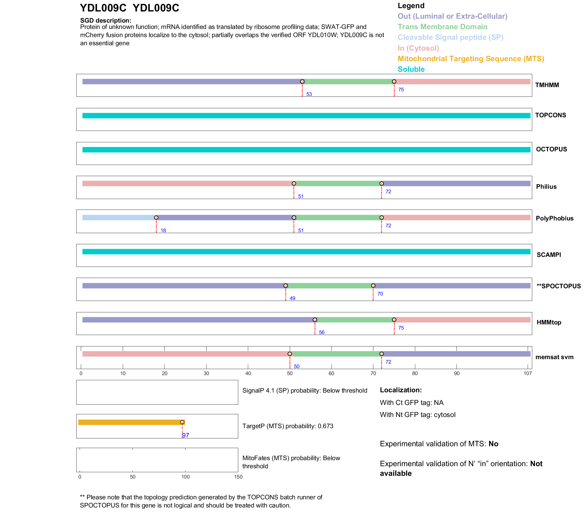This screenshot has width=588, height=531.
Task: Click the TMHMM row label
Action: coord(547,85)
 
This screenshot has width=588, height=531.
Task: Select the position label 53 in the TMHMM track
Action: coord(309,94)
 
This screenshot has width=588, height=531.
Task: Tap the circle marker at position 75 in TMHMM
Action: coord(394,81)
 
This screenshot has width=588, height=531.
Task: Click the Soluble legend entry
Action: coord(411,69)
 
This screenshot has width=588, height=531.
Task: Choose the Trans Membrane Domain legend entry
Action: coord(442,27)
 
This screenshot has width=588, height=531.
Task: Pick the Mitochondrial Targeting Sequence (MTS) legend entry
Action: coord(470,58)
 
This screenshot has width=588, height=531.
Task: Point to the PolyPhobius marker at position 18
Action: coord(156,217)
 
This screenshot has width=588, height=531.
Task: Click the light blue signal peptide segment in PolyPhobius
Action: coord(119,217)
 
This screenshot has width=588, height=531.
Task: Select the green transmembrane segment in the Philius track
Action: coord(338,183)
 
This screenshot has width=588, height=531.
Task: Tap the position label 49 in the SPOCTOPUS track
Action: coord(292,298)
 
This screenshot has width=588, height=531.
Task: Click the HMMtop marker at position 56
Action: coord(315,320)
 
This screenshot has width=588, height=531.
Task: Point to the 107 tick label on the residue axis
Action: coord(527,373)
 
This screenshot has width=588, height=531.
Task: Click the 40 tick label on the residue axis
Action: coord(248,373)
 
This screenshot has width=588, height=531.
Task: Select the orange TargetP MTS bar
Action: coord(130,422)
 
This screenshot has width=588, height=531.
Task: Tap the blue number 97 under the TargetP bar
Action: coord(185,435)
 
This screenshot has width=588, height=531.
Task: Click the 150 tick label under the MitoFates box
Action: coord(238,477)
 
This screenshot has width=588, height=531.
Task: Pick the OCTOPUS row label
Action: coord(551,149)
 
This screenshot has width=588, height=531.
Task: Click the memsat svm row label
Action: coord(554,357)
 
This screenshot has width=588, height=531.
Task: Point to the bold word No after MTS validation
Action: coord(493,444)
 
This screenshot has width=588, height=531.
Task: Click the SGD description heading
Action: coord(106,21)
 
